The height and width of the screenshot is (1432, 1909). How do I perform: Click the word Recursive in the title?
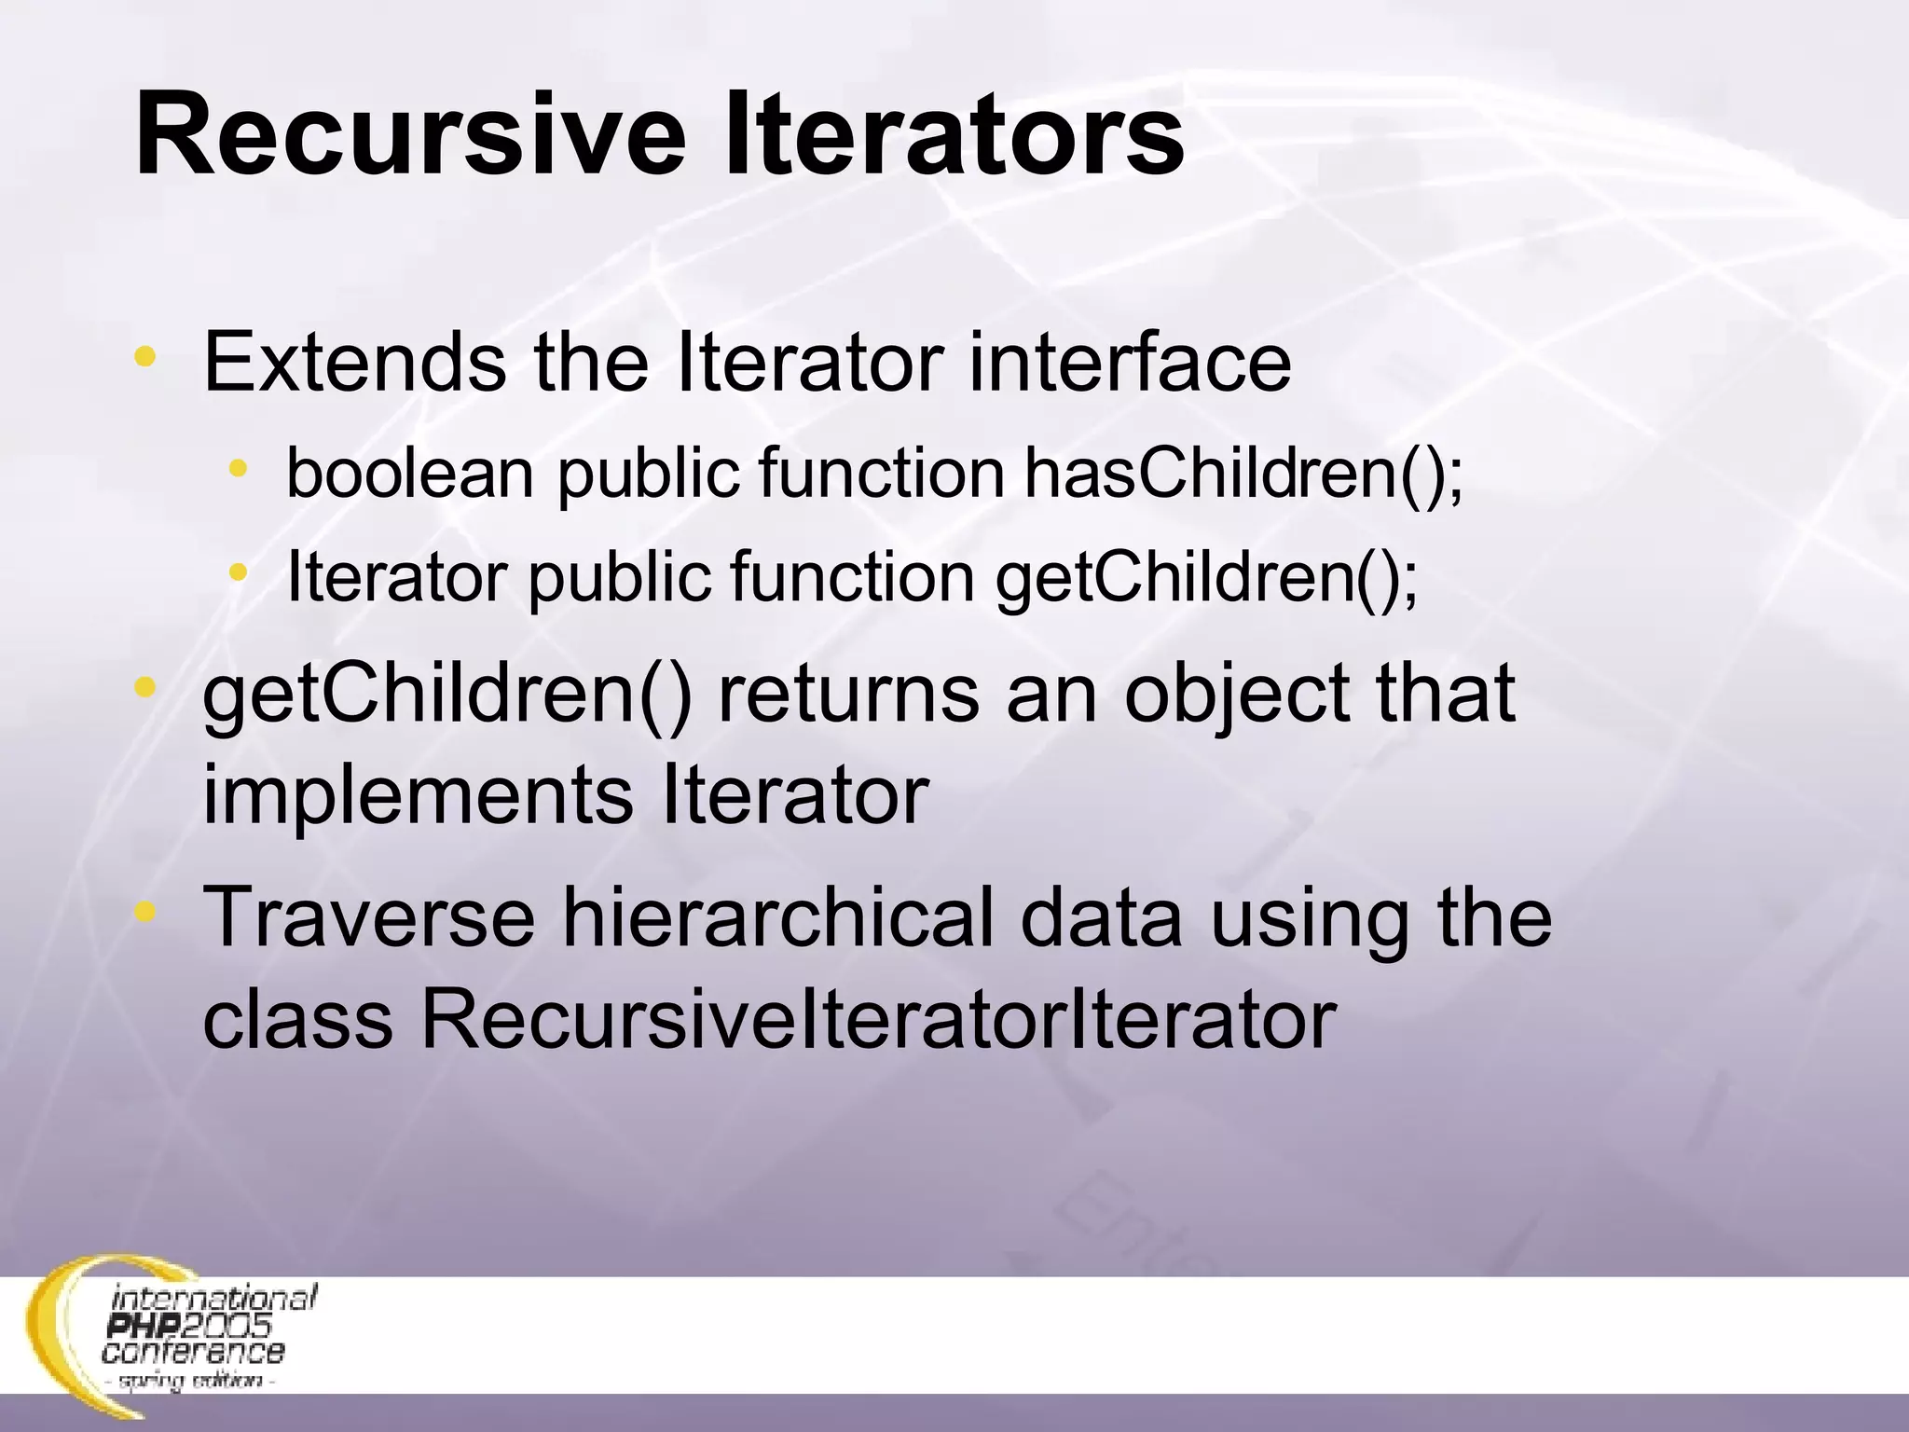410,135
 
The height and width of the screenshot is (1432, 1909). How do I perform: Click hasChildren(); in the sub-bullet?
1244,474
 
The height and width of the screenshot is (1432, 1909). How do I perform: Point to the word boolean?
410,474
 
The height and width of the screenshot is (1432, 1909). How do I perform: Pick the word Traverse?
368,917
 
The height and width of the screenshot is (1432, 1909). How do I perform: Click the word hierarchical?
778,917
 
